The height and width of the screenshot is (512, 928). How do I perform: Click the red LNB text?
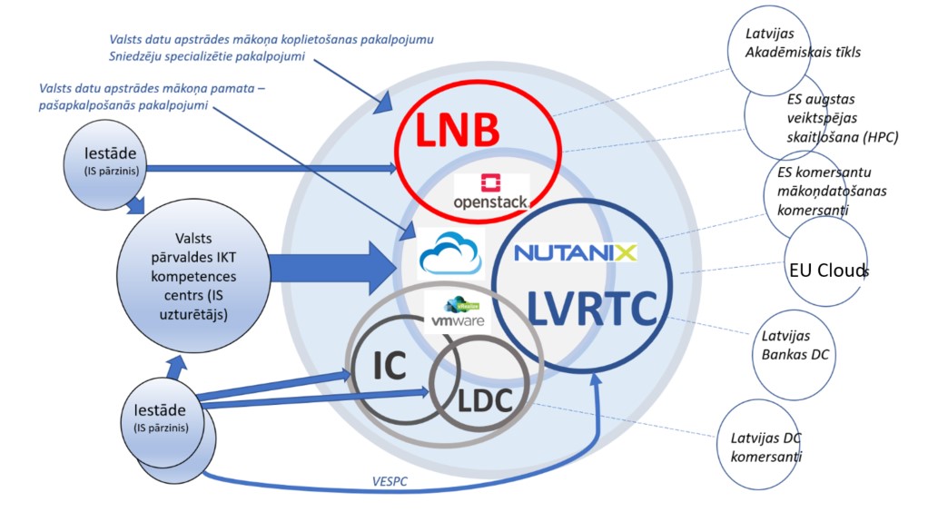point(458,130)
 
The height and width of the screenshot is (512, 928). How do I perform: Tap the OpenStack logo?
point(490,192)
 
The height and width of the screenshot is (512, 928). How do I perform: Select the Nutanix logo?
point(576,252)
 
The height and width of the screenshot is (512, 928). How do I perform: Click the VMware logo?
point(458,313)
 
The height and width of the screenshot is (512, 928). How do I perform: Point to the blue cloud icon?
point(450,253)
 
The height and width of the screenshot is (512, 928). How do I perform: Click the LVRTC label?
point(591,309)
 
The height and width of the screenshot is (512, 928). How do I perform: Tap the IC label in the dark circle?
point(390,365)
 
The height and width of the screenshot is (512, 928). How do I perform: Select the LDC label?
point(485,401)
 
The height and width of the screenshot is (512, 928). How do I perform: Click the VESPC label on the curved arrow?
point(390,481)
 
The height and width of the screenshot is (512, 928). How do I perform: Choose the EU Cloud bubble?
point(825,261)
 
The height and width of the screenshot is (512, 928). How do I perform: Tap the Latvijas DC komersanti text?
point(765,448)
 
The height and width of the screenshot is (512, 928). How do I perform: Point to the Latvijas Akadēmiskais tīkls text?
point(803,43)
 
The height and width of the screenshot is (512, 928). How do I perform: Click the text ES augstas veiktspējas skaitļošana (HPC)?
point(842,118)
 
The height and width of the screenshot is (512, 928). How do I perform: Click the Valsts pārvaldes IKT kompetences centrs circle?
point(193,276)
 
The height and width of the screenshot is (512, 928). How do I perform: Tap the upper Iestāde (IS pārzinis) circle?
point(105,164)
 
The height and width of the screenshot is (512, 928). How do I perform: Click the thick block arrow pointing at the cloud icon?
point(331,268)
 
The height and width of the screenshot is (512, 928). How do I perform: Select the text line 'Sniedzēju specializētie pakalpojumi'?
point(206,57)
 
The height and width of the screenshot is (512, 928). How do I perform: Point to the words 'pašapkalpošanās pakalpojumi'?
point(123,105)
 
